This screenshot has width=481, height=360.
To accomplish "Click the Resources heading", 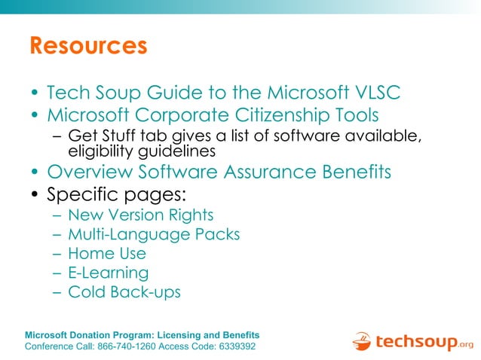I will tap(88, 46).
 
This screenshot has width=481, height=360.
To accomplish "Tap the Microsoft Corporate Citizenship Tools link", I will tap(213, 115).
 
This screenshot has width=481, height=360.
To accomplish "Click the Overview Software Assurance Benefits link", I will tap(219, 172).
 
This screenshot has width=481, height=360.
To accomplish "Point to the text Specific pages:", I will tap(117, 194).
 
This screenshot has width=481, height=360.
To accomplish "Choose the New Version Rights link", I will tap(141, 215).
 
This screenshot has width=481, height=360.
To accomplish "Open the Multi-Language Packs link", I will tap(154, 234).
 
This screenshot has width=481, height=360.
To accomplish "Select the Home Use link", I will tap(107, 254).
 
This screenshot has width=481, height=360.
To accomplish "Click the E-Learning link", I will tap(108, 273).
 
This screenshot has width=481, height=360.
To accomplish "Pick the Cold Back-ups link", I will tap(124, 292).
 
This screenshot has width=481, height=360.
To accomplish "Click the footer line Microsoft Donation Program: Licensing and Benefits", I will tap(142, 334).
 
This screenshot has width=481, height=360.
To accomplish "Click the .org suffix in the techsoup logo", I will tap(466, 345).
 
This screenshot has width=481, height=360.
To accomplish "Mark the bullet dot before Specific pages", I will tap(35, 195).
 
